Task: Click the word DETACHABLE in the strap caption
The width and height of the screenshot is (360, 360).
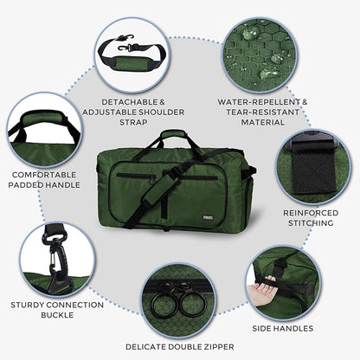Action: [x=139, y=101]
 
